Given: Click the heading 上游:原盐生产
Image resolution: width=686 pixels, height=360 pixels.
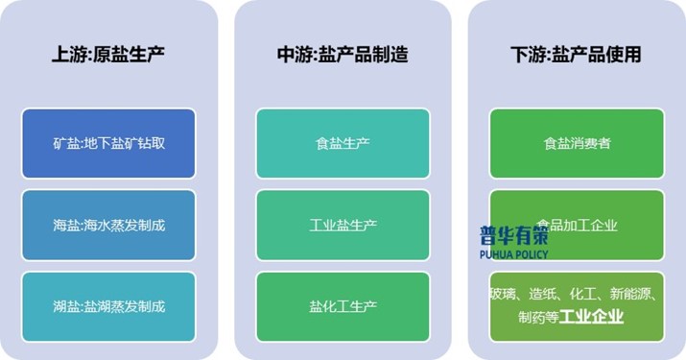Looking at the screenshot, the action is (108, 55).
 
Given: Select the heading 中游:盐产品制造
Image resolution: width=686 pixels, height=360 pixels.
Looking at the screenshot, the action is (343, 55).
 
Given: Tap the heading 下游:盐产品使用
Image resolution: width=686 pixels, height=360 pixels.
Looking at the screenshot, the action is (576, 55).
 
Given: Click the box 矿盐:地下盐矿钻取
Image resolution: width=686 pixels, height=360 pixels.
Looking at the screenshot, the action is (108, 144).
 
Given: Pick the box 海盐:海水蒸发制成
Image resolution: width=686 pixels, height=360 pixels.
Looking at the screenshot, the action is (108, 226).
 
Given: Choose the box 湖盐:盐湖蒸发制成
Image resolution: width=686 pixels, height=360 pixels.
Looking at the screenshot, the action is (108, 307).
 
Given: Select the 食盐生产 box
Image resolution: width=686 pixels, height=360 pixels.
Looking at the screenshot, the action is (343, 144).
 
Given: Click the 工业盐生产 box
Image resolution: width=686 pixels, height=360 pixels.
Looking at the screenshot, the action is (343, 226).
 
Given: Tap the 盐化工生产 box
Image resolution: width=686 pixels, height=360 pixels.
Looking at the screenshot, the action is (343, 307).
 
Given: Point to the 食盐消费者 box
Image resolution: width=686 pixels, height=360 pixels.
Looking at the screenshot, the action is (577, 144).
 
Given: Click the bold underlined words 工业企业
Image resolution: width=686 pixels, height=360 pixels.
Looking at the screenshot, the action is (592, 317).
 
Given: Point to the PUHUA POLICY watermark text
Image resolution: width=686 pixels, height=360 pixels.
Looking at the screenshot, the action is (514, 255).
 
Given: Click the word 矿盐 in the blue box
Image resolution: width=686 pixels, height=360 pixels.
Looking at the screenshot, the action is (66, 144).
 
